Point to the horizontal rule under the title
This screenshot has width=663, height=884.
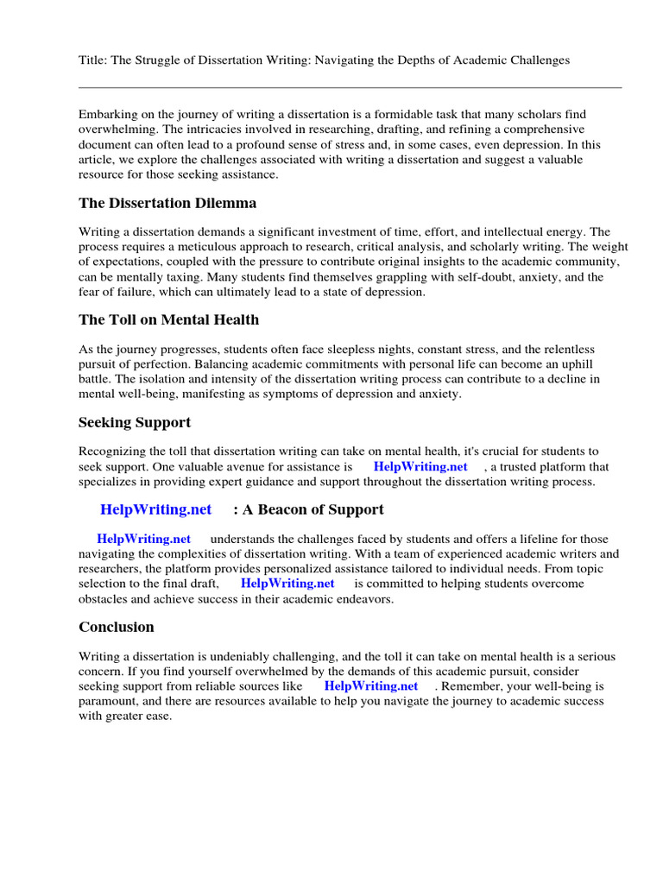coord(350,87)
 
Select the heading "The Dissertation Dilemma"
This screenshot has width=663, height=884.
coord(167,204)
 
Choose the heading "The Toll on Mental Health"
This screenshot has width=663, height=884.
coord(168,320)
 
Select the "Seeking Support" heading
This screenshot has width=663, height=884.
coord(134,423)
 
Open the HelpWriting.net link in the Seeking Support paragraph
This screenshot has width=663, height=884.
coord(420,467)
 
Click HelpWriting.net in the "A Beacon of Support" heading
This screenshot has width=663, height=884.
coord(155,510)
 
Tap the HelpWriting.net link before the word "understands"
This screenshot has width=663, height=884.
coord(143,540)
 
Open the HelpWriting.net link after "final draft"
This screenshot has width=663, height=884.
coord(287,584)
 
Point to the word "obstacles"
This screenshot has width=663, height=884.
coord(104,598)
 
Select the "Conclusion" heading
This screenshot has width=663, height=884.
coord(117,628)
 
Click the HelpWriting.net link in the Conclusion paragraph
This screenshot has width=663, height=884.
coord(371,686)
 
